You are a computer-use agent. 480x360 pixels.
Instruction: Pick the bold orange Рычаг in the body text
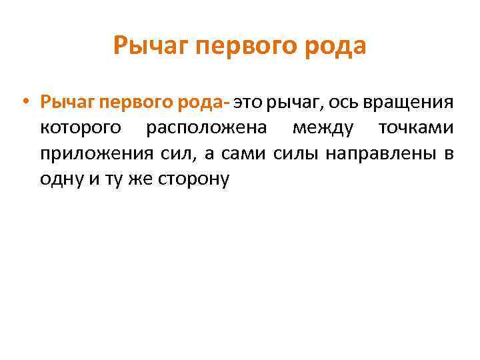coord(67,103)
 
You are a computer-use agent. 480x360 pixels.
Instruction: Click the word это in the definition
coord(249,103)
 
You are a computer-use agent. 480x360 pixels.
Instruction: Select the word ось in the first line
coord(328,103)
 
